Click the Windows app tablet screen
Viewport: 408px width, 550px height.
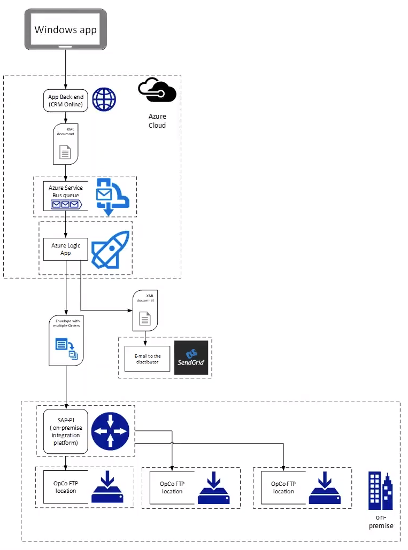[65, 29]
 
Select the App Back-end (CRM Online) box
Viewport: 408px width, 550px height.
[65, 100]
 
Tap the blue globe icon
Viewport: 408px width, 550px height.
[104, 100]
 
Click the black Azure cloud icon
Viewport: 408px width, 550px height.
[157, 90]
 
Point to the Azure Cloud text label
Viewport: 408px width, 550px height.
[157, 121]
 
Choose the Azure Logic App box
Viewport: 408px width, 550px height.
[65, 249]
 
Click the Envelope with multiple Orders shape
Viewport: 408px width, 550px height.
[66, 340]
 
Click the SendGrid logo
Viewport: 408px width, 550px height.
[191, 358]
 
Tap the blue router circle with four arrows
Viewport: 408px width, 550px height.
[110, 431]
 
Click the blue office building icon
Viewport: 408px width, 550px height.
[380, 491]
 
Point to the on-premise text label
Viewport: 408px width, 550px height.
[381, 521]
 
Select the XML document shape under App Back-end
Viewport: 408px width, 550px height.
[65, 144]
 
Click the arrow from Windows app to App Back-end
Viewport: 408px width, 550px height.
[65, 69]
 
